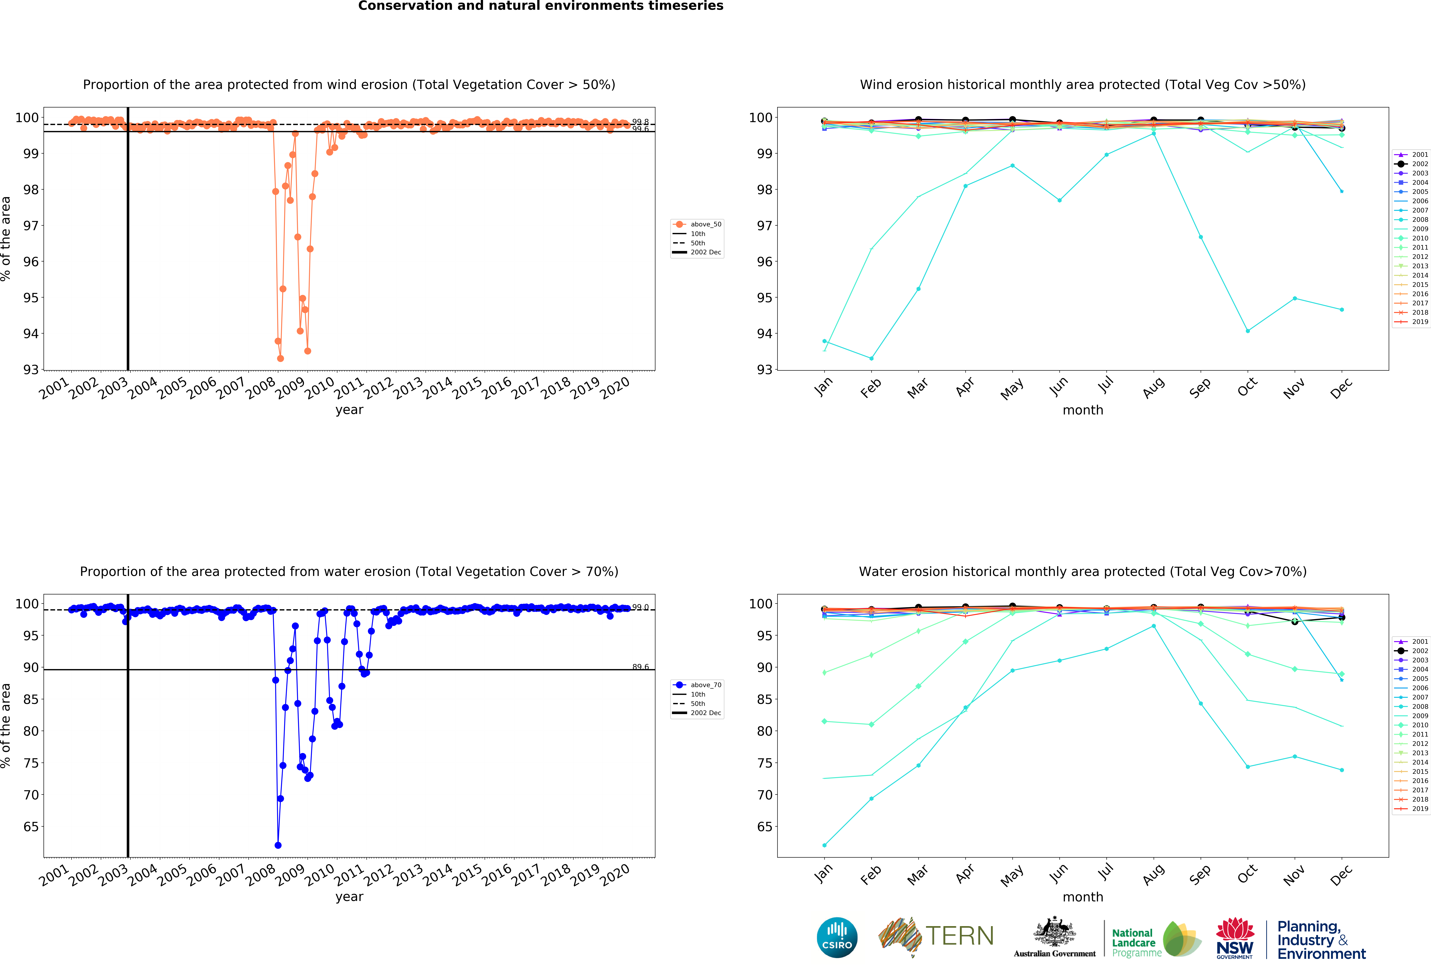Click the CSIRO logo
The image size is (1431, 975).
click(x=837, y=937)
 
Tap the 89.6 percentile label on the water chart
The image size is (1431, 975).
click(x=640, y=667)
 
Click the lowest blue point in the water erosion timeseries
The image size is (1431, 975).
click(x=278, y=845)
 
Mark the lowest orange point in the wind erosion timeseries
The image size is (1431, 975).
click(x=280, y=358)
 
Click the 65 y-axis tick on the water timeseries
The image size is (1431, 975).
click(x=31, y=827)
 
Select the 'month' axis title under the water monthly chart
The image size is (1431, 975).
click(x=1082, y=897)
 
